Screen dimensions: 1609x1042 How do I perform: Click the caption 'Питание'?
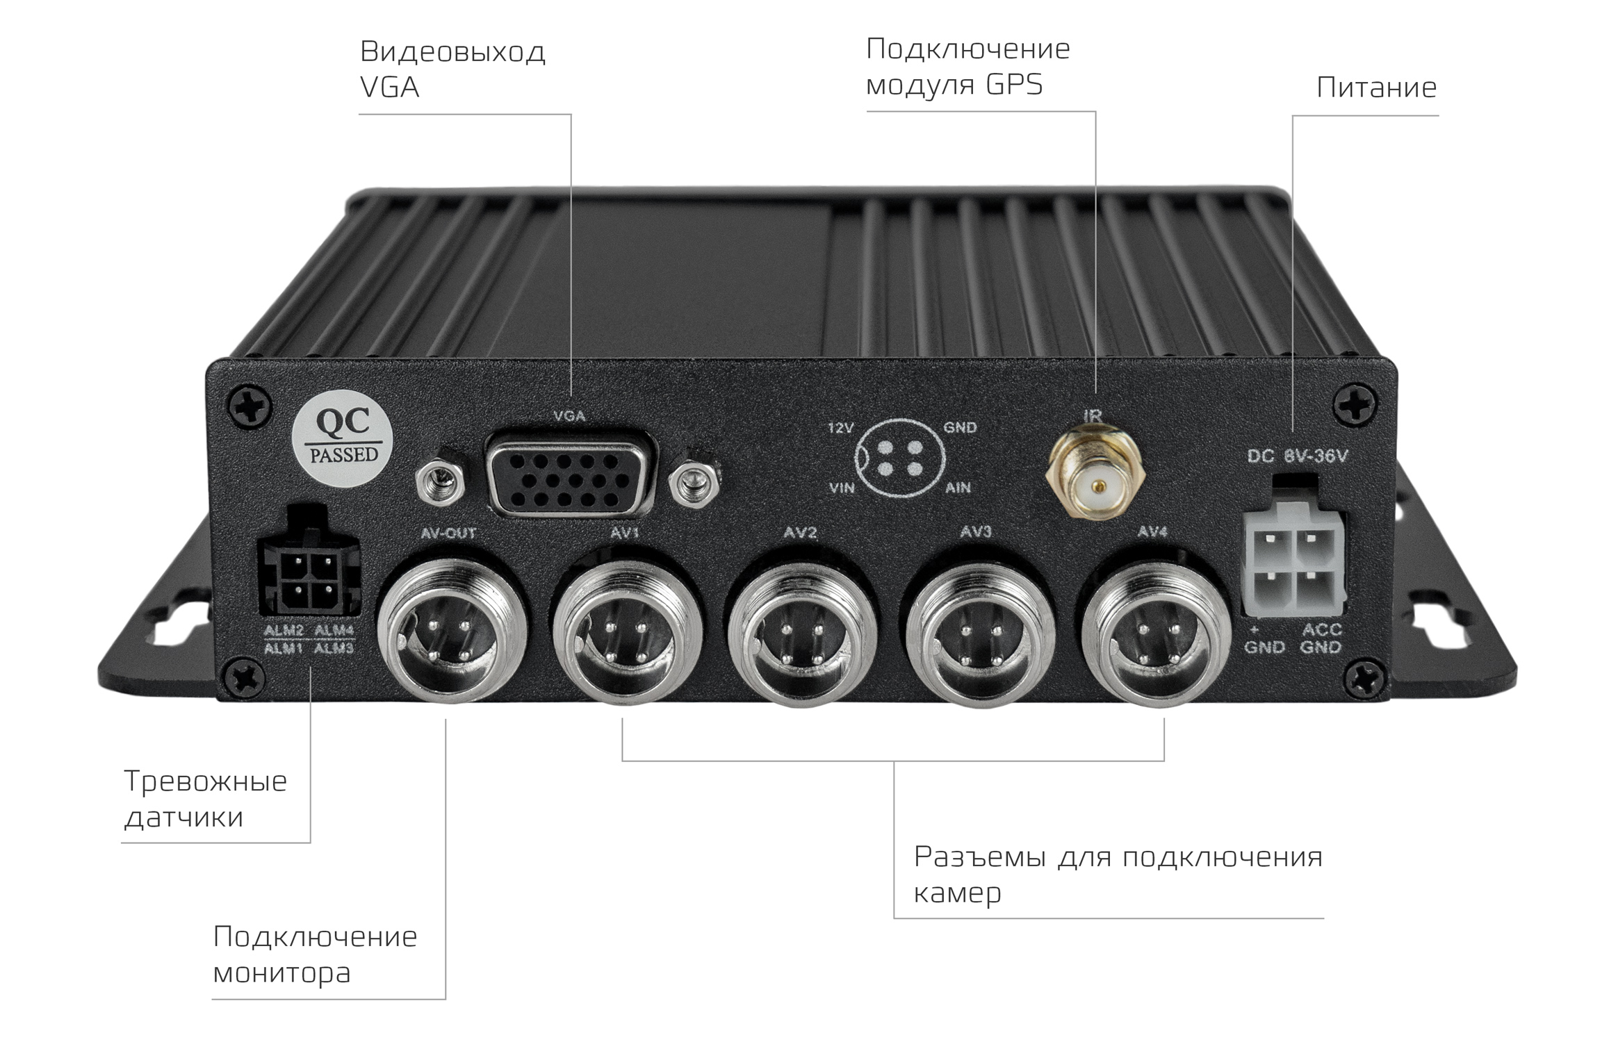pyautogui.click(x=1376, y=88)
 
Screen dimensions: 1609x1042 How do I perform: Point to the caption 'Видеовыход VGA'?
pyautogui.click(x=452, y=69)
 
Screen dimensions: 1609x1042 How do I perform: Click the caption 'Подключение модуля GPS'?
pyautogui.click(x=968, y=67)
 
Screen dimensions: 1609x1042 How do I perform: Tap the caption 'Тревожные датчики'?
pyautogui.click(x=205, y=798)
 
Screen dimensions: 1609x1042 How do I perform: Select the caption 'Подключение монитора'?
pyautogui.click(x=315, y=954)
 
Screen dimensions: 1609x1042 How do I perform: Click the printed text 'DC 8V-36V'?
pyautogui.click(x=1298, y=456)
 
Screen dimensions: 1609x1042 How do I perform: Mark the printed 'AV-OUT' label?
pyautogui.click(x=448, y=534)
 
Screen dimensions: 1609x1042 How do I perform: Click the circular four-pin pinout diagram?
pyautogui.click(x=901, y=458)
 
